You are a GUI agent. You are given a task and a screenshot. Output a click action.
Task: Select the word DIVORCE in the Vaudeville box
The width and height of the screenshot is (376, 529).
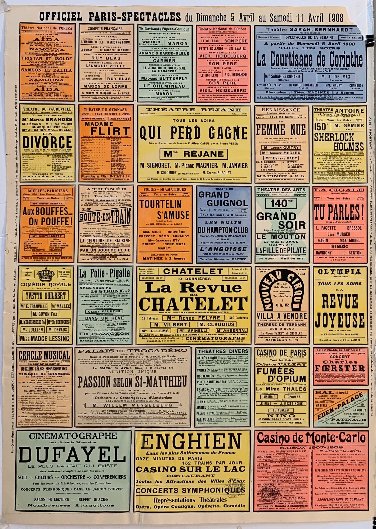pos(48,142)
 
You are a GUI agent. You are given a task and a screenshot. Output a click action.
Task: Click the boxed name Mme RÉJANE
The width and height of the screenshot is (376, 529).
pos(194,154)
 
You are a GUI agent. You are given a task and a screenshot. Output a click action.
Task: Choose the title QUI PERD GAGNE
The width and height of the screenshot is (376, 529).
pos(194,133)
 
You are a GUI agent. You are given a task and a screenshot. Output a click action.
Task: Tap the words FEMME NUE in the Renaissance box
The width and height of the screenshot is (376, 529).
pos(281,130)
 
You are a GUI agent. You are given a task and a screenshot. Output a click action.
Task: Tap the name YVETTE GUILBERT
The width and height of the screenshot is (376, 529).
pos(46,295)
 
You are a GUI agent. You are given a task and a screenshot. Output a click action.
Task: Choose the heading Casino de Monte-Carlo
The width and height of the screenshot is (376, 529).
pos(311,438)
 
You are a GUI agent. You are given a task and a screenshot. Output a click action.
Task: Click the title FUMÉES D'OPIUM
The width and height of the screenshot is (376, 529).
pos(281,375)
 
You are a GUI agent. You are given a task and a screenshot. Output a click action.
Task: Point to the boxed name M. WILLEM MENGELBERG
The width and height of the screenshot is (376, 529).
pos(132,405)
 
